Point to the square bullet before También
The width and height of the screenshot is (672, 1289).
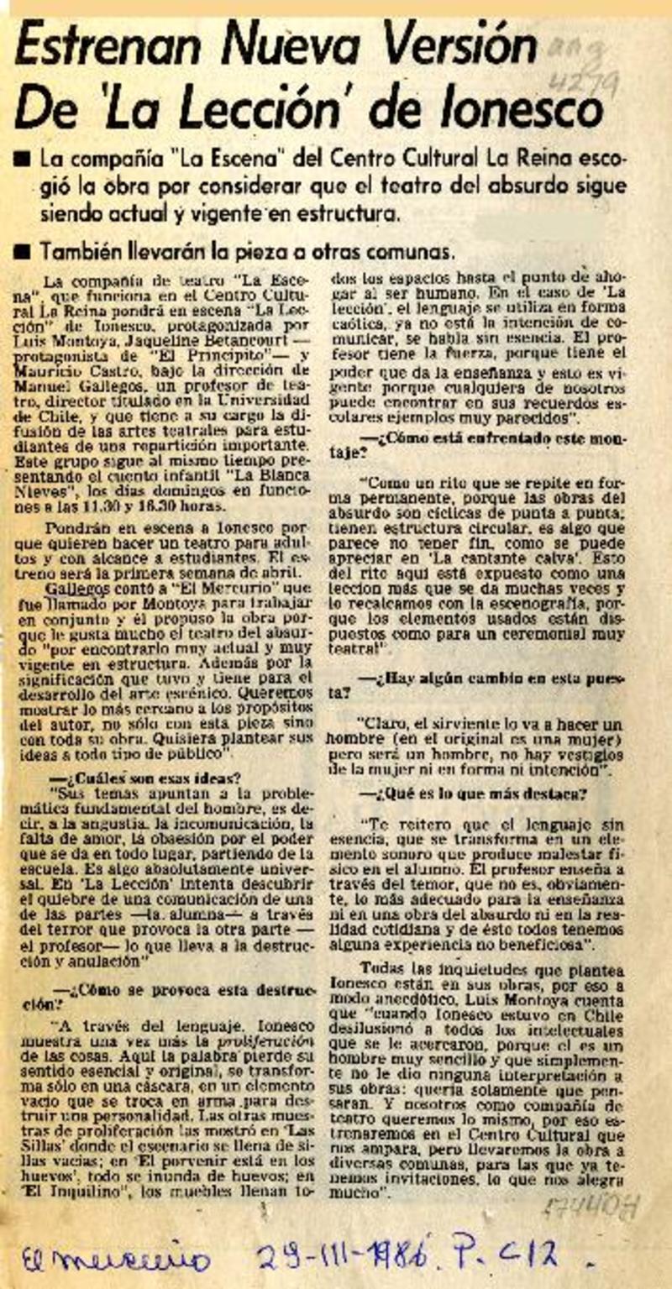click(25, 253)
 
